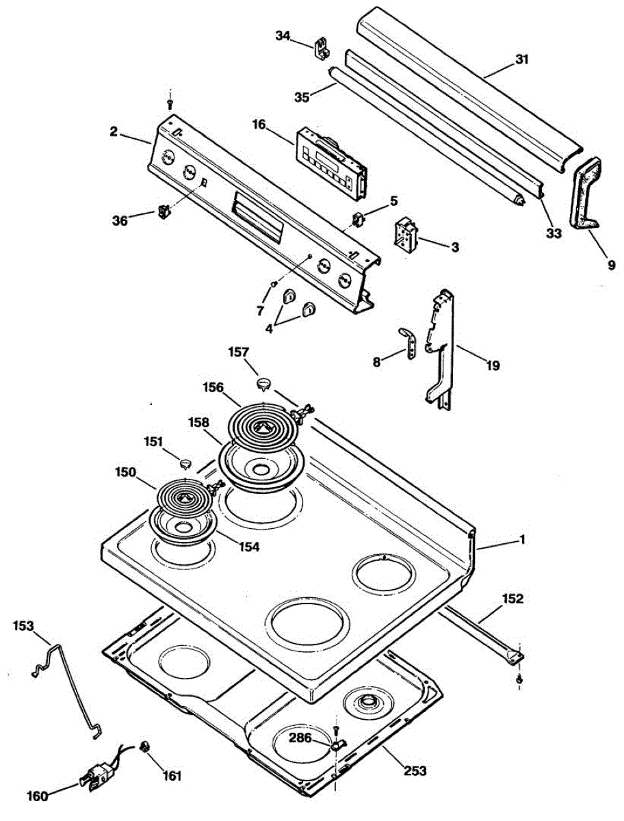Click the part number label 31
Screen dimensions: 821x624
click(x=522, y=60)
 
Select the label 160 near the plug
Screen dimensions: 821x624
click(x=38, y=796)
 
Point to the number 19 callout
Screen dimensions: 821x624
click(x=492, y=365)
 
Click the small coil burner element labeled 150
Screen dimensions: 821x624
click(x=183, y=497)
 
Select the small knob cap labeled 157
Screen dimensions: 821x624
click(x=264, y=382)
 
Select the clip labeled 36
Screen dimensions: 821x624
click(x=163, y=211)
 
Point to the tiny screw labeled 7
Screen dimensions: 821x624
click(x=273, y=283)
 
